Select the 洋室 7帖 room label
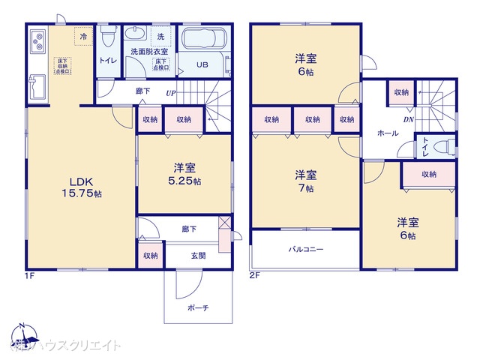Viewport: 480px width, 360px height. pos(305,181)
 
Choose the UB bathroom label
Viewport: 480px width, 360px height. pos(202,64)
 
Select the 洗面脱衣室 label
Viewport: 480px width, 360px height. pos(150,52)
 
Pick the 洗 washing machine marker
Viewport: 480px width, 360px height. pos(160,36)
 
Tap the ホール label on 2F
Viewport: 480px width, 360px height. pos(388,133)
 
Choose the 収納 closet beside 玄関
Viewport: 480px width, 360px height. pos(150,256)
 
